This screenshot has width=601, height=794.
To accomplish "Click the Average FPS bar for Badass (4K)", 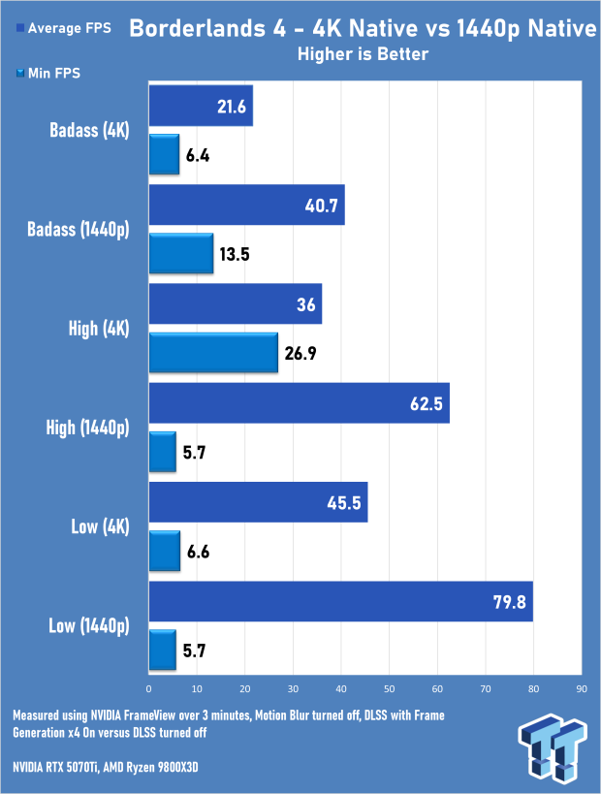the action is click(x=201, y=106).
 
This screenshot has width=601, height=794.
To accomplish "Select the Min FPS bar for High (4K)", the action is click(x=213, y=353).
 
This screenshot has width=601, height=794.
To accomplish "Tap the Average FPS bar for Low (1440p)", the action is click(x=341, y=602).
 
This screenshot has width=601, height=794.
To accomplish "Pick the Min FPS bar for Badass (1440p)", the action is click(x=180, y=254).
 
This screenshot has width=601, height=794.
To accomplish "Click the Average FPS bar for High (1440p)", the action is click(x=300, y=403).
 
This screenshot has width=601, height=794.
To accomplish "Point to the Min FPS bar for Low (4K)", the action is click(x=165, y=551).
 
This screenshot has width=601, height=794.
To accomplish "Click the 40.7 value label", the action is click(x=321, y=206).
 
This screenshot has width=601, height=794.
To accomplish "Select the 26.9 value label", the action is click(x=300, y=353).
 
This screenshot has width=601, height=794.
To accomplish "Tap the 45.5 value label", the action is click(x=344, y=503).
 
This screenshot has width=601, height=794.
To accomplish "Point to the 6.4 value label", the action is click(x=198, y=155).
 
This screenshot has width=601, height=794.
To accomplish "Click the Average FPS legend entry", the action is click(x=64, y=28).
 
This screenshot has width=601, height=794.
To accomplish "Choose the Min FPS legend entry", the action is click(x=48, y=73).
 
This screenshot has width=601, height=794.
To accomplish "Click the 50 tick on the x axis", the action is click(x=390, y=688).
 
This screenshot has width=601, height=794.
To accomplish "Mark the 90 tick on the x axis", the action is click(x=582, y=688).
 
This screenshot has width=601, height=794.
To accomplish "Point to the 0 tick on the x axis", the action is click(x=149, y=688).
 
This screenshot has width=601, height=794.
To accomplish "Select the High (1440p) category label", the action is click(x=87, y=428).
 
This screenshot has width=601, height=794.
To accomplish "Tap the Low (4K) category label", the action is click(x=100, y=526).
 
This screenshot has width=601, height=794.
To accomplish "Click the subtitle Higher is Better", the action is click(x=364, y=54).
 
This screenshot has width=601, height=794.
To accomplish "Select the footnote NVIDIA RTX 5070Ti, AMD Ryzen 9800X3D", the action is click(x=106, y=768).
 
